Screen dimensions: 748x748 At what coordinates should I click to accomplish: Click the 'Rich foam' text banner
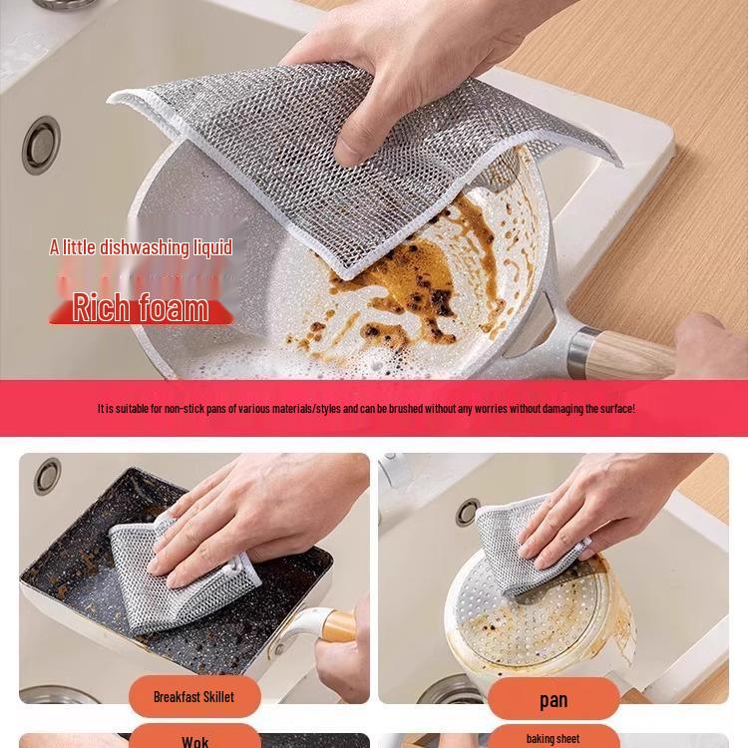click(141, 306)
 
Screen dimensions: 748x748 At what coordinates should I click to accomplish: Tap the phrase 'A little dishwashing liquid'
click(141, 247)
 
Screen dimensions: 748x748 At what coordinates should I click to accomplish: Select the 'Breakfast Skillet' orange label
click(193, 696)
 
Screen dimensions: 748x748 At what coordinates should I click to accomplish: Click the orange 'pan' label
click(554, 700)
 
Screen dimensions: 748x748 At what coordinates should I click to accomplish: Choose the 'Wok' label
click(194, 741)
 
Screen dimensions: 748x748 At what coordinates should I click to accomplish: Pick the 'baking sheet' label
click(554, 739)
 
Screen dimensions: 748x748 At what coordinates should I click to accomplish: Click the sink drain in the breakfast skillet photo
click(47, 476)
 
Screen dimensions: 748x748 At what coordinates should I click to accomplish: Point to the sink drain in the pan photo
click(467, 512)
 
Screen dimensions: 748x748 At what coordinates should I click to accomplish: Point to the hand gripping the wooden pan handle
click(713, 349)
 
